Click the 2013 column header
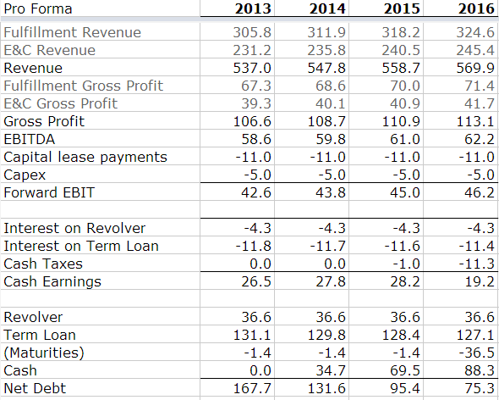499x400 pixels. (x=253, y=8)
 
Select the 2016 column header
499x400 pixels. (x=476, y=8)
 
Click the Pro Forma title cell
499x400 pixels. (x=38, y=8)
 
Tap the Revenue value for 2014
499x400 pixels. (x=326, y=68)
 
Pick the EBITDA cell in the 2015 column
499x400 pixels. (x=405, y=139)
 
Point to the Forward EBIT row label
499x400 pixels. (x=49, y=192)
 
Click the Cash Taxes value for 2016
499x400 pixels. (x=477, y=264)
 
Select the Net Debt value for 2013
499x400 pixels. (x=252, y=388)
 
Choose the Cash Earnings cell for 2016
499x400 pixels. (x=480, y=281)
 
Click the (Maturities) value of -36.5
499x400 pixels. (x=477, y=353)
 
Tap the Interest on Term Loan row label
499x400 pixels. (x=81, y=247)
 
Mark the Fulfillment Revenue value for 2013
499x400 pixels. (x=252, y=32)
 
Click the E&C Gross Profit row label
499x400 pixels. (x=60, y=103)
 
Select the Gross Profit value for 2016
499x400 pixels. (x=475, y=121)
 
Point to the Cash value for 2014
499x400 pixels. (x=331, y=370)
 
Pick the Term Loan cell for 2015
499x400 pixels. (x=401, y=335)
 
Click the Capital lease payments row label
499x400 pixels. (x=85, y=158)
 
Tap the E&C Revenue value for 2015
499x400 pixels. (x=401, y=50)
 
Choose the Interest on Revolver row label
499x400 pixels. (x=74, y=228)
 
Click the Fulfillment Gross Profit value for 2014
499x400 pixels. (x=331, y=86)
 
